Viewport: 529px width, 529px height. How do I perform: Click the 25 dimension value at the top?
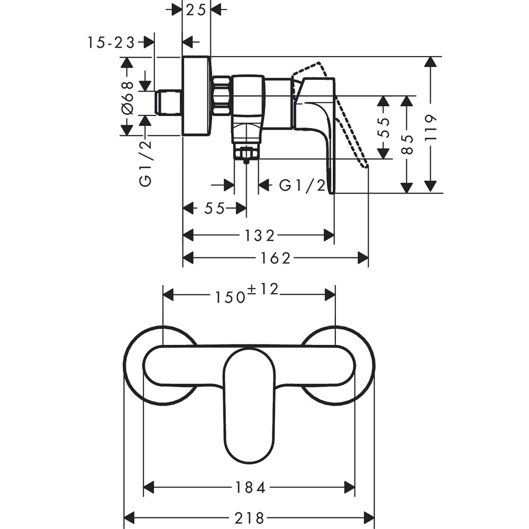[196, 10]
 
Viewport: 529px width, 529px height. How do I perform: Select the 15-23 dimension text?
[111, 42]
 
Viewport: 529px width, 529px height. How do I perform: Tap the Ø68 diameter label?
[127, 97]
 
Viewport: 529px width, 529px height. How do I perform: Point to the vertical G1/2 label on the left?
[145, 162]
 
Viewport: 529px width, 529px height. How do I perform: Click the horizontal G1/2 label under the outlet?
[302, 185]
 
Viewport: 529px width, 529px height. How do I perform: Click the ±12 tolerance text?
[263, 289]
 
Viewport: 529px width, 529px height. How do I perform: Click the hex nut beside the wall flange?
[222, 96]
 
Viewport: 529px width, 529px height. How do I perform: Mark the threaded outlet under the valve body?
[247, 154]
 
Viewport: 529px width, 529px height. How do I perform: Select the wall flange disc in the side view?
[196, 96]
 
